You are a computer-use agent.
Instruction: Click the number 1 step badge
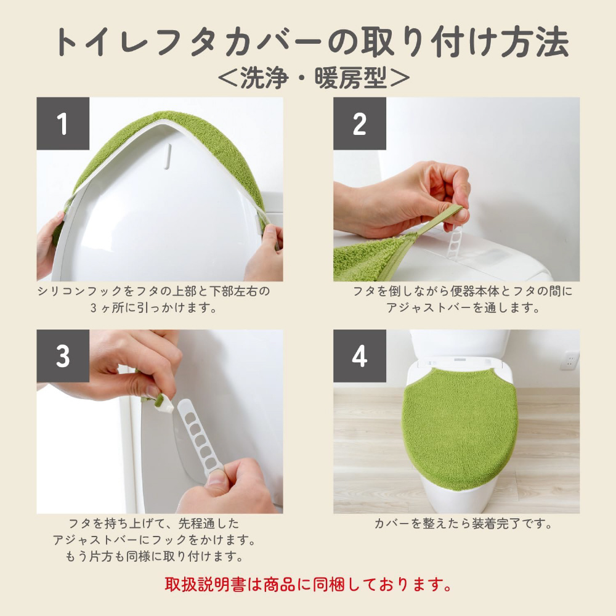63,123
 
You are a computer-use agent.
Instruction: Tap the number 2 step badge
360,123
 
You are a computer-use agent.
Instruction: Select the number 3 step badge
63,356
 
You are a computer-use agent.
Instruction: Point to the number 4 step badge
360,356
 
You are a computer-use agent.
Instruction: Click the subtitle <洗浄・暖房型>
314,78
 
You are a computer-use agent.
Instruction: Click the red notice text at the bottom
308,584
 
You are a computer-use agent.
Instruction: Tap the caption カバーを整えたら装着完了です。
463,523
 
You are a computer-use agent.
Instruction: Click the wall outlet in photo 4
569,360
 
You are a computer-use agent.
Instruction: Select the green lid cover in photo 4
460,428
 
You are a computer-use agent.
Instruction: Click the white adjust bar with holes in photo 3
200,439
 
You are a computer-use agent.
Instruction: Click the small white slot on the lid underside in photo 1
168,156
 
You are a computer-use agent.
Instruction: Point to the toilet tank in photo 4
460,343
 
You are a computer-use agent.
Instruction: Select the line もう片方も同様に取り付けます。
153,556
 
